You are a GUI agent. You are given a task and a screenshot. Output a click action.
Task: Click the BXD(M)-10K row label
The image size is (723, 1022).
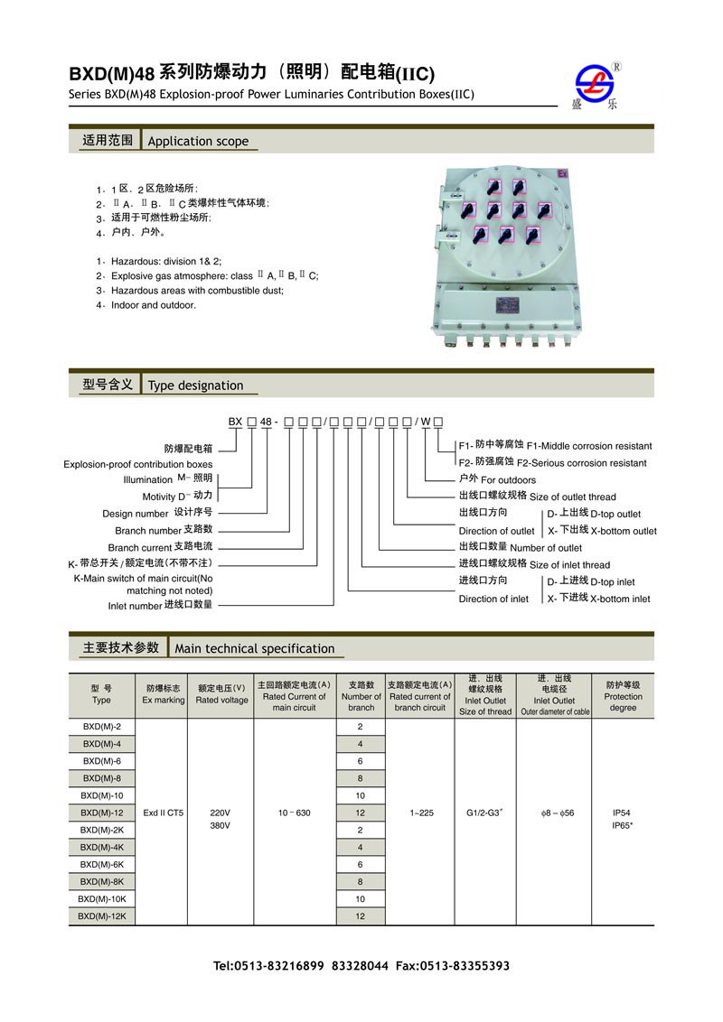pos(101,899)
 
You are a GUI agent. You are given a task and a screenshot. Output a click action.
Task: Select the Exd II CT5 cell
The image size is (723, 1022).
pos(163,813)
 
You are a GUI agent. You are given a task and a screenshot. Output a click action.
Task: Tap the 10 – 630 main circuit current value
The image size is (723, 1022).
pos(295,813)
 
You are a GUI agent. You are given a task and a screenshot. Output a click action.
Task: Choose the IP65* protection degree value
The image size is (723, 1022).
pos(623,824)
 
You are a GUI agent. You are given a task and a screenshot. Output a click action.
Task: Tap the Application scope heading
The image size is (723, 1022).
pos(197,141)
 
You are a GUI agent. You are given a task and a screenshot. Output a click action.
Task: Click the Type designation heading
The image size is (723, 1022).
pos(195,386)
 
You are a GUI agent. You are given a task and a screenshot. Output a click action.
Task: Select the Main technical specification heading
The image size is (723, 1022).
pos(254,648)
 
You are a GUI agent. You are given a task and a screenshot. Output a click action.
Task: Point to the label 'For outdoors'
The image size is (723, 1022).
pos(508,479)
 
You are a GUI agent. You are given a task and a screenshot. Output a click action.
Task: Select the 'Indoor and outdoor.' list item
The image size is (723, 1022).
pos(153,305)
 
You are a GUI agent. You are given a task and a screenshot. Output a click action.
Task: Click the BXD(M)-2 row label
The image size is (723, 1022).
pos(101,727)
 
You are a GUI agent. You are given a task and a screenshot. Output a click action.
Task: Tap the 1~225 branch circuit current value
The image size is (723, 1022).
pos(419,813)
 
